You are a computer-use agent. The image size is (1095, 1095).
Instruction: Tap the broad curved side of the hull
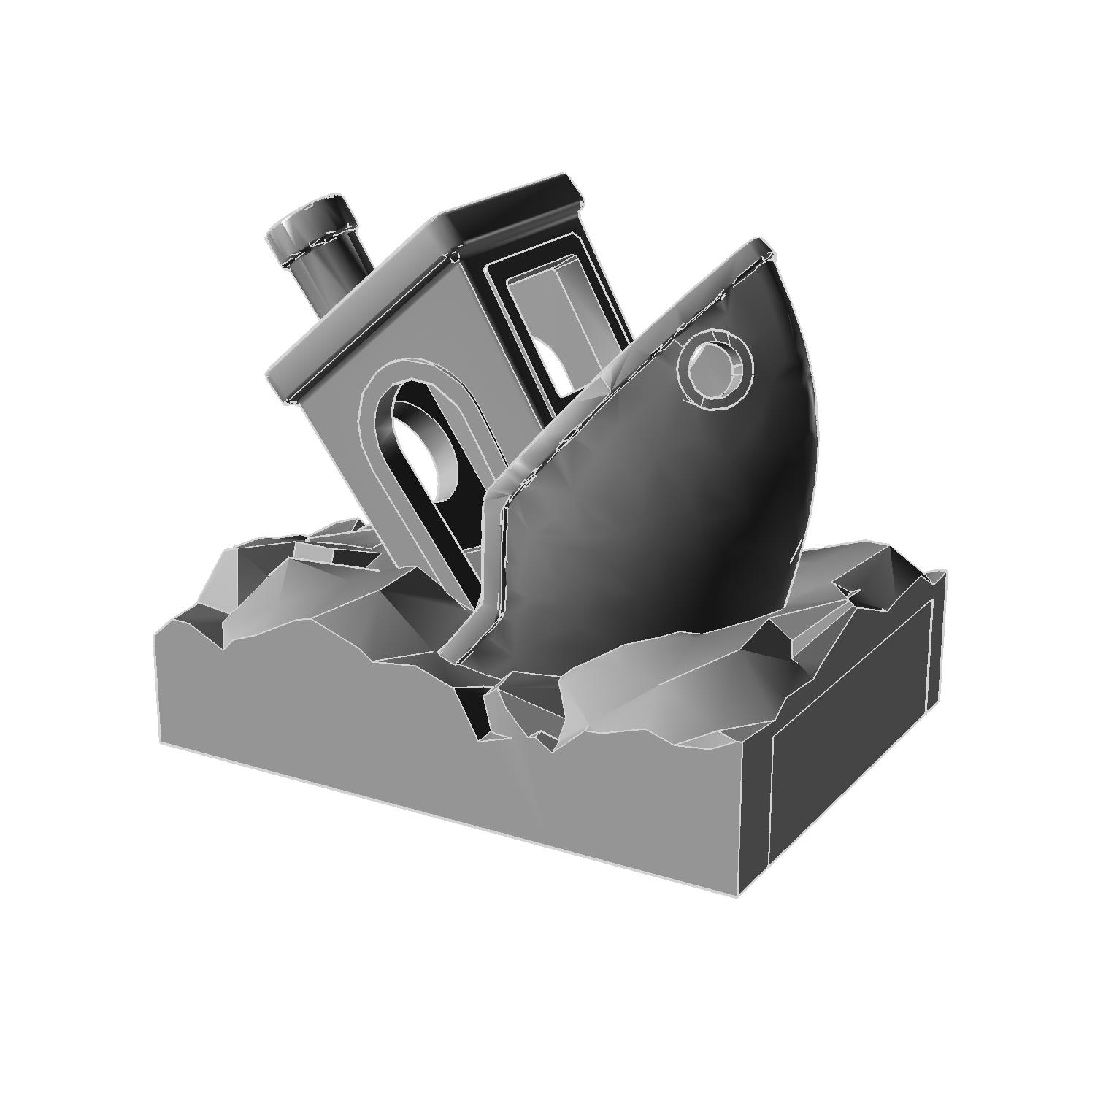pyautogui.click(x=657, y=526)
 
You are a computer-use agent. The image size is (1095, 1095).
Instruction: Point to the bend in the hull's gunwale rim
pyautogui.click(x=496, y=496)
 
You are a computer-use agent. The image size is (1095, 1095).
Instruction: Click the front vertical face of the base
pyautogui.click(x=438, y=788)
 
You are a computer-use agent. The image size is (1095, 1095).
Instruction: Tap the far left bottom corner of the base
pyautogui.click(x=161, y=743)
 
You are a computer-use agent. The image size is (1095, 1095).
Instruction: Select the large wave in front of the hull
pyautogui.click(x=657, y=679)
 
